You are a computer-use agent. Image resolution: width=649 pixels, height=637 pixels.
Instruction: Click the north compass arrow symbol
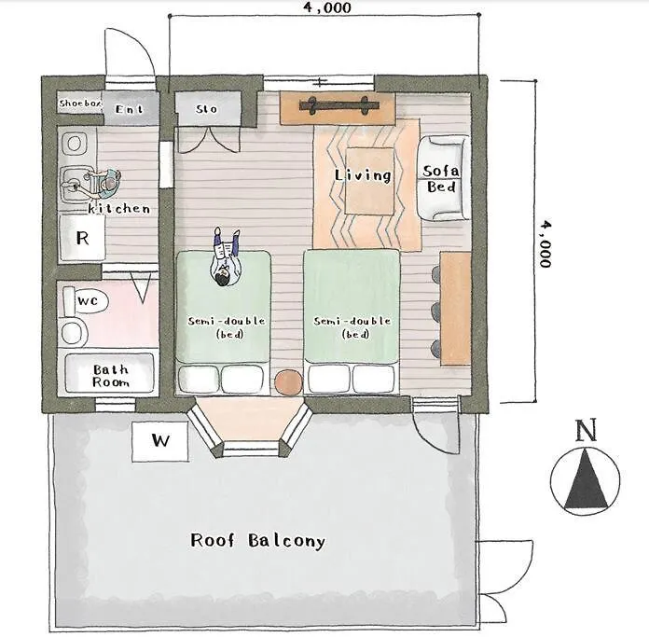click(x=586, y=478)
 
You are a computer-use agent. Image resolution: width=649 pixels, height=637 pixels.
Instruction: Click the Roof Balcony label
click(x=257, y=540)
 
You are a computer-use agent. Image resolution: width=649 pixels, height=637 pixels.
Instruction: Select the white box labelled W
click(x=161, y=441)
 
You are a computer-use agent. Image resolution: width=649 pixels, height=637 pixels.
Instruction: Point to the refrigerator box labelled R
click(x=83, y=238)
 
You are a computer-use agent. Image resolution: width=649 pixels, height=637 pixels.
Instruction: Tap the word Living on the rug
click(x=363, y=174)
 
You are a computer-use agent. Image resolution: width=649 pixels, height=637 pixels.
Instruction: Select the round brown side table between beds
click(x=289, y=381)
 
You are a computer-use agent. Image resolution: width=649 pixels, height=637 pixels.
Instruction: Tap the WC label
click(x=88, y=301)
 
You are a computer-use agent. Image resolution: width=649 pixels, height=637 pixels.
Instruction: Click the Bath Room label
click(x=109, y=376)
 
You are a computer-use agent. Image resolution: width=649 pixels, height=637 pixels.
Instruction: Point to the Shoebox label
click(x=79, y=104)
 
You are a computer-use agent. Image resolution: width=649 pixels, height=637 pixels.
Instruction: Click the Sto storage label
click(x=207, y=109)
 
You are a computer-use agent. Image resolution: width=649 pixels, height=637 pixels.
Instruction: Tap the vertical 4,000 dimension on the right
click(x=544, y=242)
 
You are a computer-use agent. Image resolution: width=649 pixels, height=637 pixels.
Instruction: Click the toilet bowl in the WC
click(x=71, y=332)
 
